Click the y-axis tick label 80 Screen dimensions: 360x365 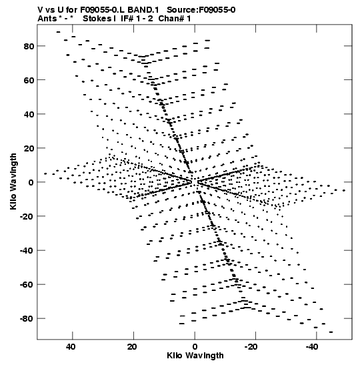click(29, 46)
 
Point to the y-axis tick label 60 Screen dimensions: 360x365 click(29, 80)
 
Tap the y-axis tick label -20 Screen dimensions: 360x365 click(27, 216)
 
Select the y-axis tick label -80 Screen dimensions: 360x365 click(27, 319)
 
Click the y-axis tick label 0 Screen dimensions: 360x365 click(31, 183)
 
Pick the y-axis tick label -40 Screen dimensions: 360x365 click(27, 251)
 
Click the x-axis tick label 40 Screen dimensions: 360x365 click(71, 347)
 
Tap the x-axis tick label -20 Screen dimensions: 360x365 click(251, 347)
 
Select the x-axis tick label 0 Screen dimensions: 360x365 click(195, 347)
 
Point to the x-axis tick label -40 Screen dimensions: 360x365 click(312, 347)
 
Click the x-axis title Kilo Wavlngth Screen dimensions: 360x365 click(195, 356)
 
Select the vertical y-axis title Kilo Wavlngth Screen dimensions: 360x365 click(13, 181)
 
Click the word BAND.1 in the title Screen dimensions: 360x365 click(143, 10)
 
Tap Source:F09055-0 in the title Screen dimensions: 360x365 click(201, 10)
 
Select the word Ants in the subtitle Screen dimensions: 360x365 click(47, 19)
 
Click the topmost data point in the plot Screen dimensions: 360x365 click(58, 32)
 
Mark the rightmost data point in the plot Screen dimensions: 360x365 click(344, 190)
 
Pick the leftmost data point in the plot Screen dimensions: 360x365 click(45, 173)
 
